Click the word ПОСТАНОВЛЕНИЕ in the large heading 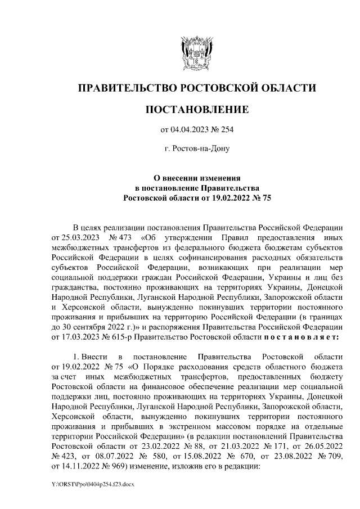point(197,108)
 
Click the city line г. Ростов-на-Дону point(197,149)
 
